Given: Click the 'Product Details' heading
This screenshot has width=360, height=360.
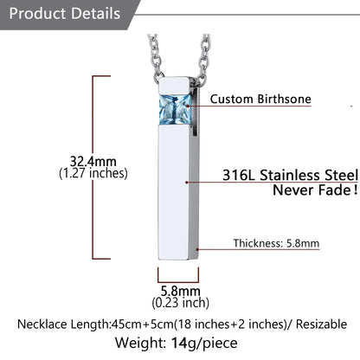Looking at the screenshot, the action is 65,14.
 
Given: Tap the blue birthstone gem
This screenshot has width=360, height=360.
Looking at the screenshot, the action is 175,110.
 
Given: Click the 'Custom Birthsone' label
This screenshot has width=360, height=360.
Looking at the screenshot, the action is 260,99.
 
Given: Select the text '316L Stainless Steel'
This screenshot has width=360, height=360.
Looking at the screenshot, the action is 290,175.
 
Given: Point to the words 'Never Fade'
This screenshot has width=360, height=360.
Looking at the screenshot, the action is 312,190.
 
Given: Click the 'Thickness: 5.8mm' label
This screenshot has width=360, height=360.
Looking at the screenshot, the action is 276,243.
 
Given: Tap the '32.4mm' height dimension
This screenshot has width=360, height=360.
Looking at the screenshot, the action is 93,161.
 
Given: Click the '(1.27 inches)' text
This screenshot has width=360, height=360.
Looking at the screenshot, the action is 93,173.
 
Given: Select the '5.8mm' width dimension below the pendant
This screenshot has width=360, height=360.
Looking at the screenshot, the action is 180,291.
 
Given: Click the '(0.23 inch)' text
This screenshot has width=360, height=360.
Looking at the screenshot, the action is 181,303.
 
